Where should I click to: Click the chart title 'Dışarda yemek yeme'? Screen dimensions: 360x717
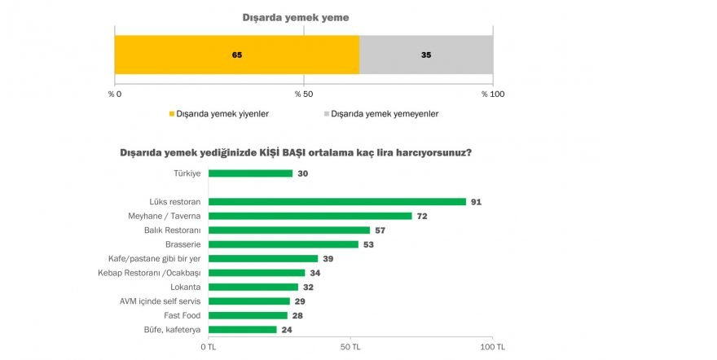pos(303,16)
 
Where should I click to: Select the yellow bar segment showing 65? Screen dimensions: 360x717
pos(236,55)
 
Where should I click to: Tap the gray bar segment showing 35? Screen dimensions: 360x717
pos(426,55)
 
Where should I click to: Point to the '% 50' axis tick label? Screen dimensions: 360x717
pos(304,94)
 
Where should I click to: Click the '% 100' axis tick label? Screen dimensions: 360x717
pos(492,94)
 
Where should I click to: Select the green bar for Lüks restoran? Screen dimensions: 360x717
pos(337,202)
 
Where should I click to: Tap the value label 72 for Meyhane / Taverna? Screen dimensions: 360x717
pos(422,216)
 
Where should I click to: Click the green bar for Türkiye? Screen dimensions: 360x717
pos(250,173)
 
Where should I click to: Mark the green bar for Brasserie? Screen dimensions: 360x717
pos(283,244)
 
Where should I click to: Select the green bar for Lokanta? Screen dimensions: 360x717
pos(253,287)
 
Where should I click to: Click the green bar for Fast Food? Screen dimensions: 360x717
pos(248,315)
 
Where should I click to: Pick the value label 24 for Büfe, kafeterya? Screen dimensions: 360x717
pos(286,330)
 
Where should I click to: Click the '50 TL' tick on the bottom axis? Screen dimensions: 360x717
pos(351,346)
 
